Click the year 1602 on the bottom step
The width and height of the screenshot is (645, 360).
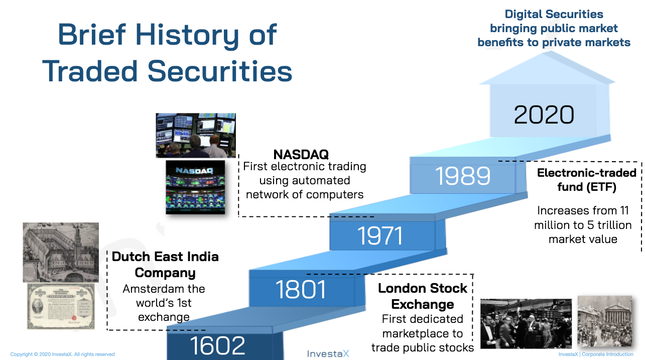(x=217, y=345)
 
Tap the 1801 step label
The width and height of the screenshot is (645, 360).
(x=301, y=289)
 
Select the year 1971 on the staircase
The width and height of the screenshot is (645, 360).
(x=380, y=235)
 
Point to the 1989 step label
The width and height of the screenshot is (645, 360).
(x=462, y=176)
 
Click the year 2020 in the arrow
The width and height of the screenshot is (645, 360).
(x=544, y=114)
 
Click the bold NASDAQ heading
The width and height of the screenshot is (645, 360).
(x=301, y=155)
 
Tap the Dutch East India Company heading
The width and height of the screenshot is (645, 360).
(x=165, y=265)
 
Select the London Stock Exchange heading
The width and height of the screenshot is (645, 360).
(x=423, y=296)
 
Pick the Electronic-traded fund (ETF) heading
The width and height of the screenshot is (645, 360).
(x=587, y=180)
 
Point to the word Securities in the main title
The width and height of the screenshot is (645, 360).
(x=220, y=71)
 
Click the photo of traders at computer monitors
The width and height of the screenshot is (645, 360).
(x=196, y=136)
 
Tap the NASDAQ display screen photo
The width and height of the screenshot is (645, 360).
(x=195, y=187)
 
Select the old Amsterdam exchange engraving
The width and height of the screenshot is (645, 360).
(x=61, y=252)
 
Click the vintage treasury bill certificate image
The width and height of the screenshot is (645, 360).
(x=61, y=306)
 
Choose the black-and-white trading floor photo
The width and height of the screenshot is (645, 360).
(x=526, y=324)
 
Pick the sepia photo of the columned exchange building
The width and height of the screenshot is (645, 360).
(x=605, y=321)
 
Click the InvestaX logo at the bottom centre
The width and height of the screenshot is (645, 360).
(x=328, y=353)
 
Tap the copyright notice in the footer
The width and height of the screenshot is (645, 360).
(x=62, y=354)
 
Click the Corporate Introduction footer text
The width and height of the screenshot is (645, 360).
(x=607, y=354)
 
